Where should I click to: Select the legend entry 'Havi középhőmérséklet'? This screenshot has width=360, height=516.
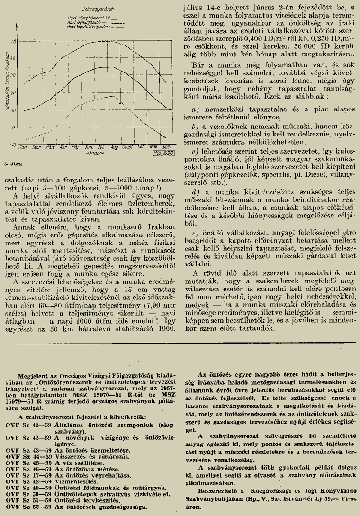(x=84, y=18)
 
